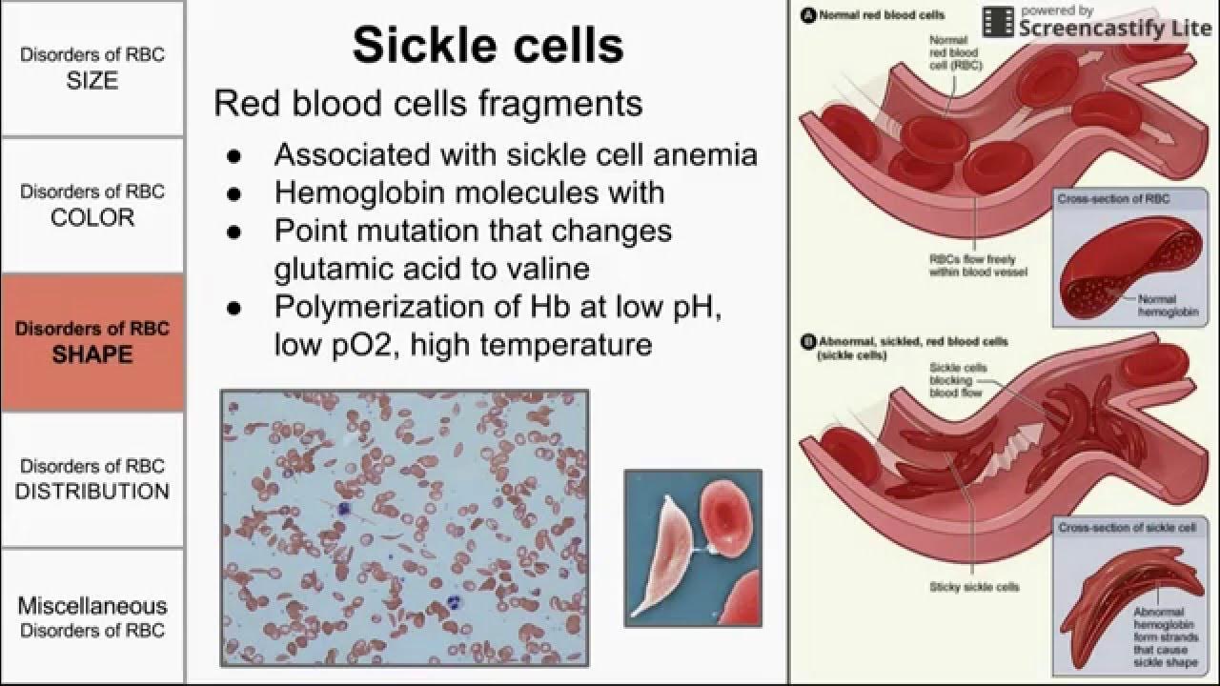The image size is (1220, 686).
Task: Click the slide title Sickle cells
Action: (488, 45)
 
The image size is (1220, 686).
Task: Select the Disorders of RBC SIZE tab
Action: (92, 68)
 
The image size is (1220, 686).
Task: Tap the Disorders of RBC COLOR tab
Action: (92, 205)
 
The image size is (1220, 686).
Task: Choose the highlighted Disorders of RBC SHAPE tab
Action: (92, 342)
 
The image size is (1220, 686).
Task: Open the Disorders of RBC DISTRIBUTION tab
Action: (92, 479)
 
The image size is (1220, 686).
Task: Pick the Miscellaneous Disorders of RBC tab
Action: (92, 617)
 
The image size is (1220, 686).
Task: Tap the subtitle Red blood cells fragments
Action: (428, 103)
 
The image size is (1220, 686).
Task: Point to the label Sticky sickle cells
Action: (973, 587)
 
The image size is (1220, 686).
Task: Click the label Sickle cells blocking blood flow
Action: (958, 379)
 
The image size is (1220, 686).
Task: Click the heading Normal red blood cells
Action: (874, 16)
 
